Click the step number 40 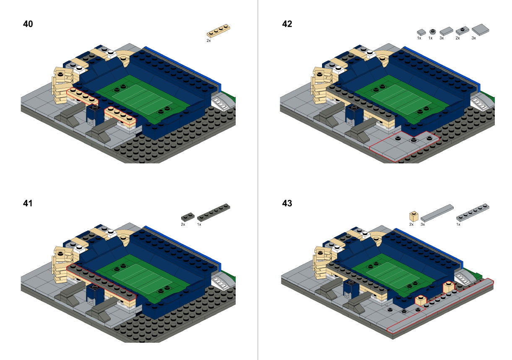tap(28, 24)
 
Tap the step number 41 tap(28, 204)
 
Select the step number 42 tap(287, 24)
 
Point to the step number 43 tap(287, 204)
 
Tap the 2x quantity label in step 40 tap(208, 41)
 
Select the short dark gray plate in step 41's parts tap(187, 217)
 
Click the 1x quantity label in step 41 tap(199, 225)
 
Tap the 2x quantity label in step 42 tap(457, 38)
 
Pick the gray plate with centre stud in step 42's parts tap(462, 31)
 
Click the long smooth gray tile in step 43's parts tap(437, 212)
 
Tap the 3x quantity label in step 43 tap(423, 225)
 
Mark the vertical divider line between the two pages tap(257, 180)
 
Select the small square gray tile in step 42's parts tap(421, 31)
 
